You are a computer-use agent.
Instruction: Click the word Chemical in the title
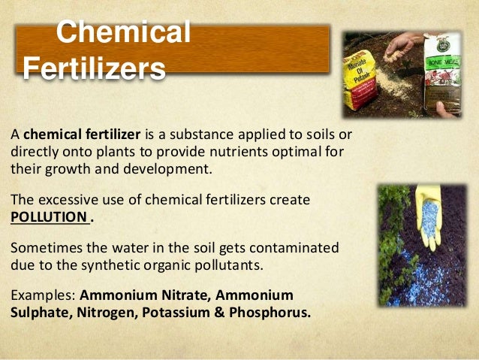[x=123, y=33]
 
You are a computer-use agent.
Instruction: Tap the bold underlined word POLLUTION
[x=47, y=217]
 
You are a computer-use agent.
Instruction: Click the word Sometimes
[x=44, y=248]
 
